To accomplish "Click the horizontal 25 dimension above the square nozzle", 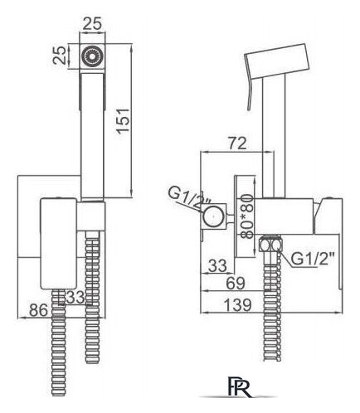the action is click(92, 24).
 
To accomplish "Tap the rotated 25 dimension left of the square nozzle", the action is click(60, 56).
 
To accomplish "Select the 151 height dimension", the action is click(123, 121).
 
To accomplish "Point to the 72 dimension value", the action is click(237, 143).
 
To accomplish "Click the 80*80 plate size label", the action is click(246, 216).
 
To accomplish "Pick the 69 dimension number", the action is click(236, 283).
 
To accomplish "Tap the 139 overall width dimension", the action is click(237, 305).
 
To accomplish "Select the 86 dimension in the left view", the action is click(39, 310).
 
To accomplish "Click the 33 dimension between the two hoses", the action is click(75, 298).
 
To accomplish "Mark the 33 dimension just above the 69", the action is click(217, 265).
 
